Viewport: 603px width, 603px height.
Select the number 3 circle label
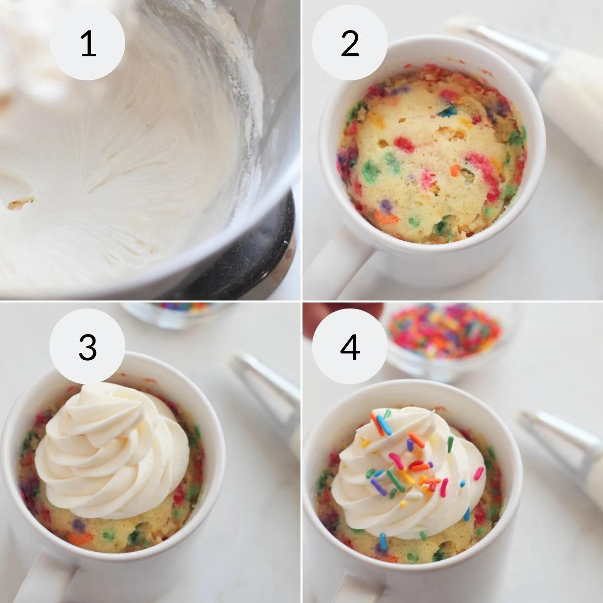[87, 346]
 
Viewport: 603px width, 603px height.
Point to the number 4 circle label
[350, 346]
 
